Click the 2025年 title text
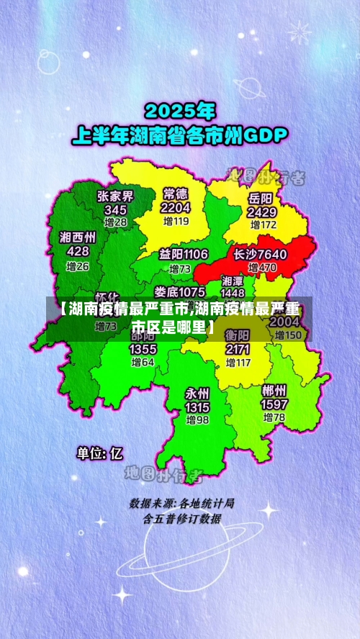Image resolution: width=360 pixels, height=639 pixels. pos(180,112)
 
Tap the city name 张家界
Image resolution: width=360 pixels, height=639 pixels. pos(115,196)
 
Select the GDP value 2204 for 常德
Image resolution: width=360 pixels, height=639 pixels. pos(176,208)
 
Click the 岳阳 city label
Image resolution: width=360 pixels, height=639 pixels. pos(261,198)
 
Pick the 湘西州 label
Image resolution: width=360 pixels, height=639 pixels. pos(78,237)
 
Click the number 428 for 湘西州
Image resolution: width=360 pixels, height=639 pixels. pos(78,251)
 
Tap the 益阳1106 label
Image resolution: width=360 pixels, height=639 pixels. pos(184,254)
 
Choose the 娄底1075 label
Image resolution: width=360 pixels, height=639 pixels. pos(179,291)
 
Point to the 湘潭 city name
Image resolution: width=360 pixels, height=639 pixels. pos(232,281)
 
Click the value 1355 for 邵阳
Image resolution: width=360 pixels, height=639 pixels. pos(143,349)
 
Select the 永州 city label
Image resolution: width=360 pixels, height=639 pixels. pos(197,394)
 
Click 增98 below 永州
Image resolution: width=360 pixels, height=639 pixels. pos(197,420)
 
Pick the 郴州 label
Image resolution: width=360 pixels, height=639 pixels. pos(274,391)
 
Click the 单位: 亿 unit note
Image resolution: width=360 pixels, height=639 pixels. pos(100,453)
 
